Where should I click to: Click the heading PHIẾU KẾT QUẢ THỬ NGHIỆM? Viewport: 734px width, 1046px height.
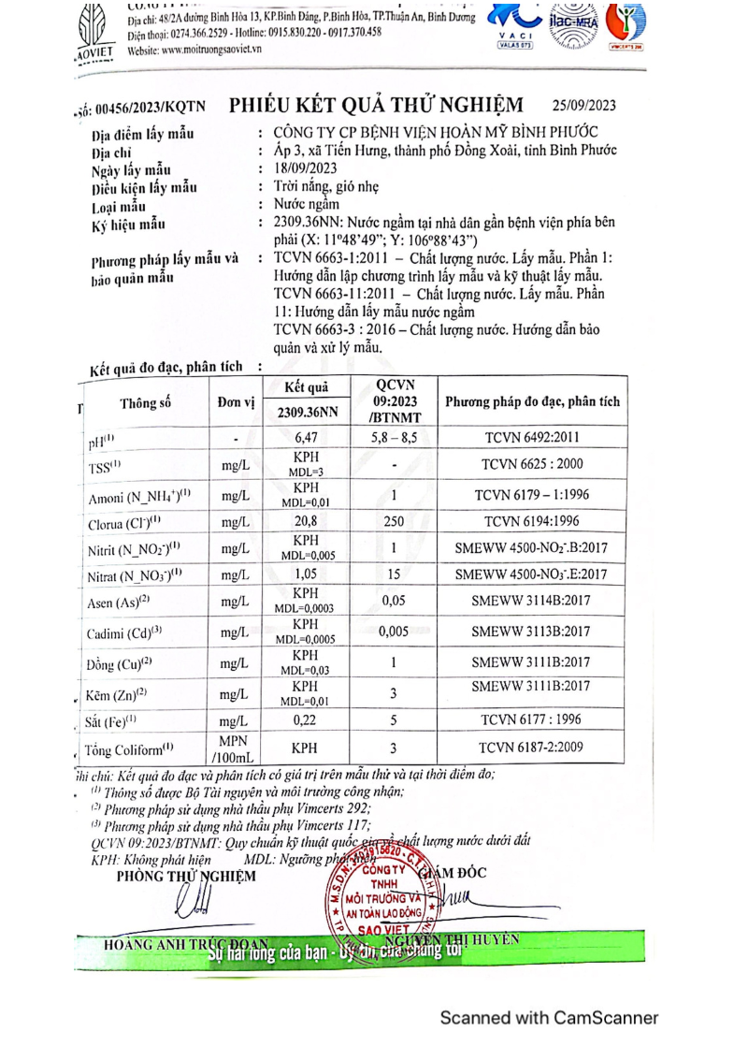(376, 104)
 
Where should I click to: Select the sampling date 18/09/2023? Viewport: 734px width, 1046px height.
(306, 168)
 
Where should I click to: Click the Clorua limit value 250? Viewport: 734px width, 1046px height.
(394, 522)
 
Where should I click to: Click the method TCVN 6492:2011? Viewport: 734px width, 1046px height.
(530, 437)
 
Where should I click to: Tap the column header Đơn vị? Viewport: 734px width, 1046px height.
(236, 403)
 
